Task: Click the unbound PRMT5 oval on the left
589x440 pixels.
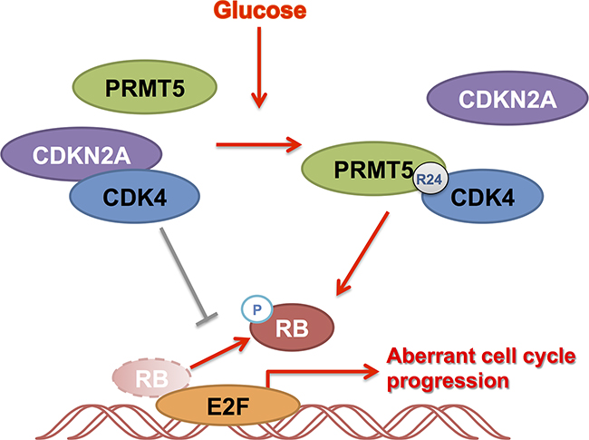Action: click(x=145, y=87)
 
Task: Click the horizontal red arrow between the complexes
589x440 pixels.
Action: click(x=257, y=143)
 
